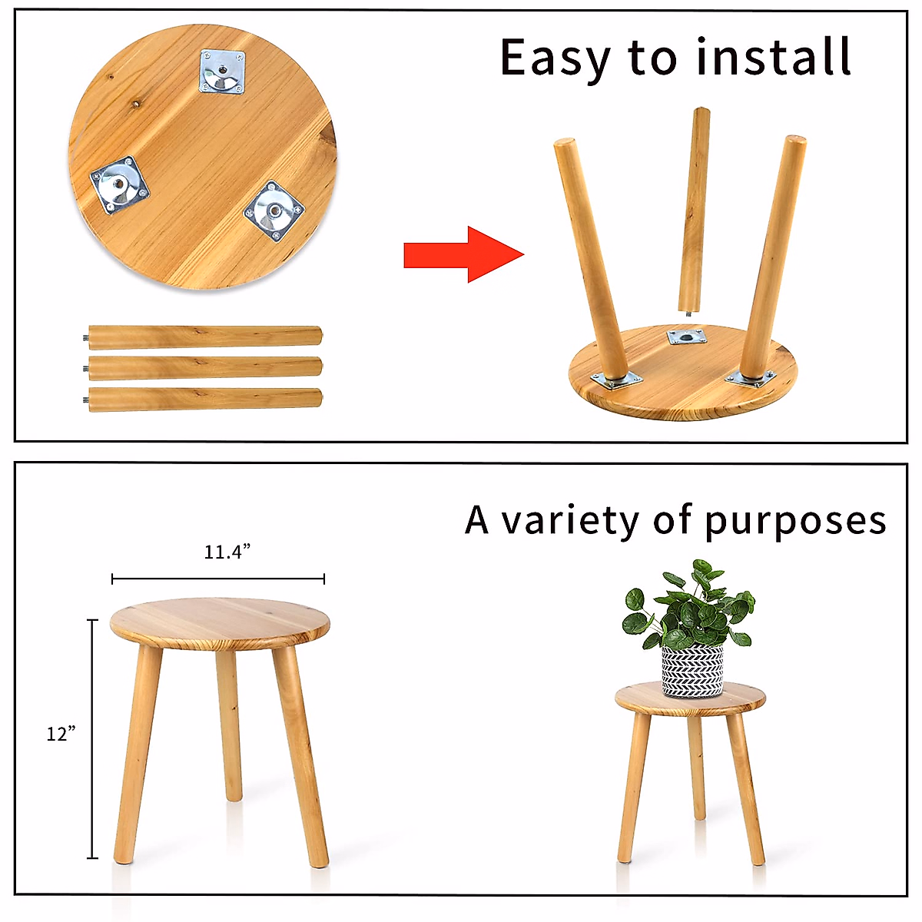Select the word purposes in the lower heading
[795, 522]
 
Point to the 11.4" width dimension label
[227, 552]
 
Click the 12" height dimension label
[61, 734]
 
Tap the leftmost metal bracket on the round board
[119, 185]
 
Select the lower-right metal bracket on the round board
[274, 210]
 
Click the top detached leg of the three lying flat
[204, 337]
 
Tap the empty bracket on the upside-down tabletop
[685, 336]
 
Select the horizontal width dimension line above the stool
[218, 579]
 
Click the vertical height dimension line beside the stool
[93, 738]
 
